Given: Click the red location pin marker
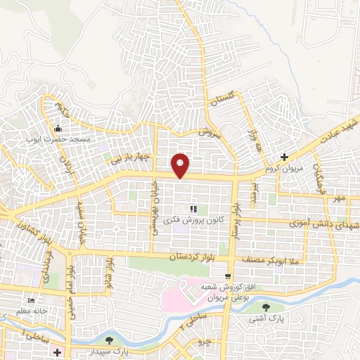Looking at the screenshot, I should coord(181,165).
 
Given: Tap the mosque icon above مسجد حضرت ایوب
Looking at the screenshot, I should coord(57,129).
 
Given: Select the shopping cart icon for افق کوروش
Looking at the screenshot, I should coord(227,276).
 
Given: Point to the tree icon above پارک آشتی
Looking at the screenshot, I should coord(265,307).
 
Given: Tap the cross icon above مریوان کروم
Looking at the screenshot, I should coord(283,157).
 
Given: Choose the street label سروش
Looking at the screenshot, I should coord(209,133).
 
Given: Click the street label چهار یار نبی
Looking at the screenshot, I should coord(129,158).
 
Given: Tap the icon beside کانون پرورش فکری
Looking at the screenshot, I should coord(193,209).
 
